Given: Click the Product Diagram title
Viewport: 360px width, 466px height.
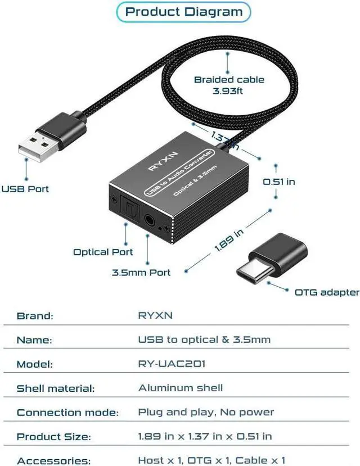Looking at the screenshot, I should pos(184,11).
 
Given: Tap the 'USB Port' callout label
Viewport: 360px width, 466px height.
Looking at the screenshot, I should pos(25,189).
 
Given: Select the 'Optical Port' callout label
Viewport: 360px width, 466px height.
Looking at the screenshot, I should pos(103,252).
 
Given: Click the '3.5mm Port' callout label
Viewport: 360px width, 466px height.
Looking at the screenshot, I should pos(141,273).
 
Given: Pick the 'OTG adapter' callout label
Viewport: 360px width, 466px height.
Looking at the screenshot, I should pos(327,292).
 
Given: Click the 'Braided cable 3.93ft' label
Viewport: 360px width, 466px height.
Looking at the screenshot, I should pos(229,85).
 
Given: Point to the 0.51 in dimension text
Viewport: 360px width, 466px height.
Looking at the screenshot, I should pos(279,182).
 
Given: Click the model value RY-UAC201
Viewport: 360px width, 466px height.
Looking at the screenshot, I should pos(172,364).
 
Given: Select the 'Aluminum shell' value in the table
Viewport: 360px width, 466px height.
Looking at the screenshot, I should pos(181,387).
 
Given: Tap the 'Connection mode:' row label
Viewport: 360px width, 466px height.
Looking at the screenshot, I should pos(67,413).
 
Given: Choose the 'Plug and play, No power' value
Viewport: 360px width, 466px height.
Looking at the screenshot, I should pos(206,412).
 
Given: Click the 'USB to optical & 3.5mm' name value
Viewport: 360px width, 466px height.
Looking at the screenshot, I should pos(204,340).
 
